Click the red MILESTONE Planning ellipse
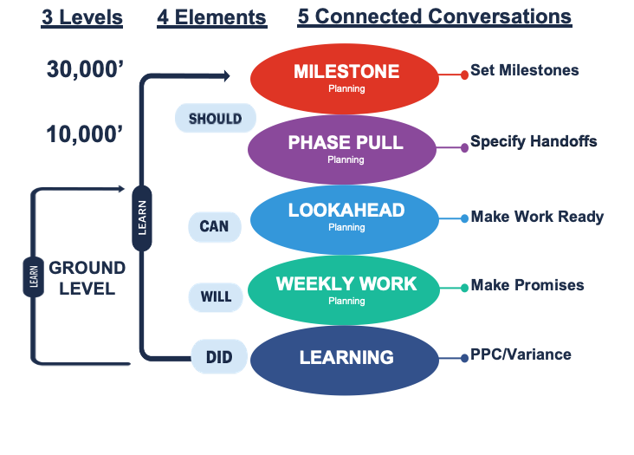tap(345, 79)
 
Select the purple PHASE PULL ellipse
tap(342, 150)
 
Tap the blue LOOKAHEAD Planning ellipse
tap(345, 219)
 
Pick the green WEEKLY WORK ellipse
tap(344, 290)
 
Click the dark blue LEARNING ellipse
tap(345, 361)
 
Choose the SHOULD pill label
tap(216, 118)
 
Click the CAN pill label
tap(215, 227)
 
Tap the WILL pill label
tap(216, 297)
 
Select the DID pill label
tap(219, 357)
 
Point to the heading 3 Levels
tap(81, 18)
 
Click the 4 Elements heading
tap(212, 18)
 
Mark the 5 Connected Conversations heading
tap(435, 17)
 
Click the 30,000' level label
tap(85, 69)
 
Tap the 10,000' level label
tap(85, 134)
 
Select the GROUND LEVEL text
tap(87, 278)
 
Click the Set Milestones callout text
tap(524, 70)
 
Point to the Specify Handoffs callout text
tap(534, 141)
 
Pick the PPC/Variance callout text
tap(521, 354)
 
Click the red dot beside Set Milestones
tap(464, 75)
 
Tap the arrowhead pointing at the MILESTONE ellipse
tap(227, 75)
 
